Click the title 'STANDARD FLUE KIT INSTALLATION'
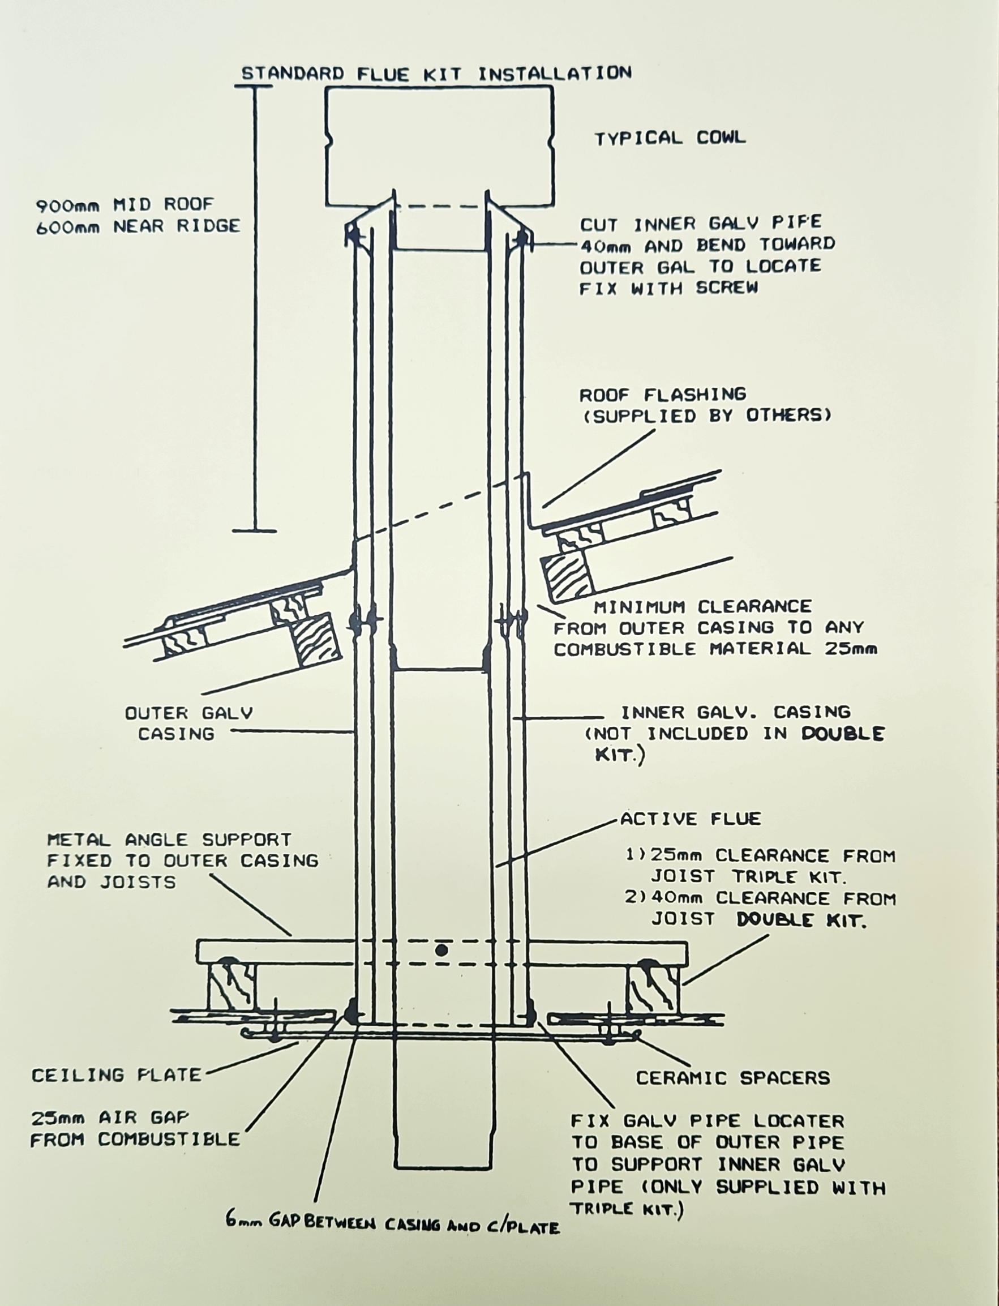tap(436, 73)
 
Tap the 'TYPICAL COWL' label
tap(670, 138)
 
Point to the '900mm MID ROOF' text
tap(125, 205)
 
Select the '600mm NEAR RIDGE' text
tap(138, 226)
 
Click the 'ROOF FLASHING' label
tap(662, 395)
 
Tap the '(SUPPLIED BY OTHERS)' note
tap(706, 416)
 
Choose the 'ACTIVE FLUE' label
tap(691, 819)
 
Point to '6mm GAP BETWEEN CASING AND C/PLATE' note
tap(392, 1226)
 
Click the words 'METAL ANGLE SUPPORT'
tap(169, 840)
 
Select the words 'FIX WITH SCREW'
tap(669, 289)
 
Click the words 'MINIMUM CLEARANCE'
tap(703, 607)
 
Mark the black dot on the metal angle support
tap(441, 950)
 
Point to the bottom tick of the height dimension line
tap(254, 530)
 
